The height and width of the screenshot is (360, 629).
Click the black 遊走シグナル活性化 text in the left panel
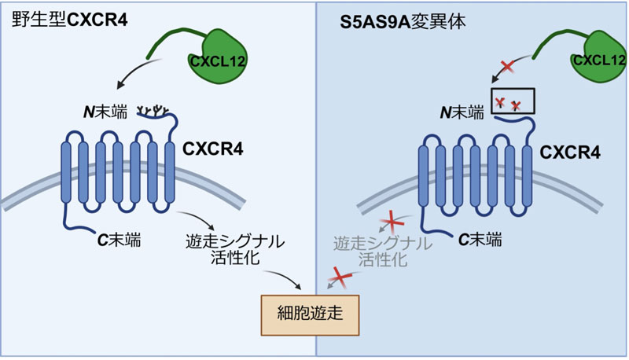click(236, 248)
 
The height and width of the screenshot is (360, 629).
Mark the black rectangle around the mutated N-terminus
click(512, 101)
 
